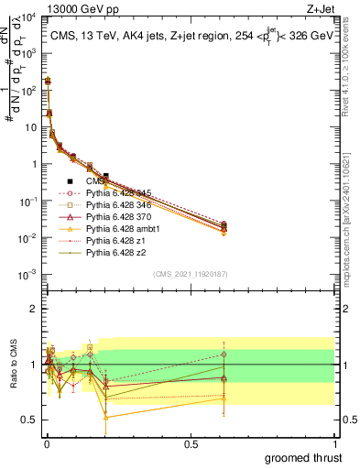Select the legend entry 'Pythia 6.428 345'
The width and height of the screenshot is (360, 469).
[118, 193]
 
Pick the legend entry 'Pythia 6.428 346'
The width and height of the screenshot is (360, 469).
[118, 206]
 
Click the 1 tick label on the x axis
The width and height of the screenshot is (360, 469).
[333, 443]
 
